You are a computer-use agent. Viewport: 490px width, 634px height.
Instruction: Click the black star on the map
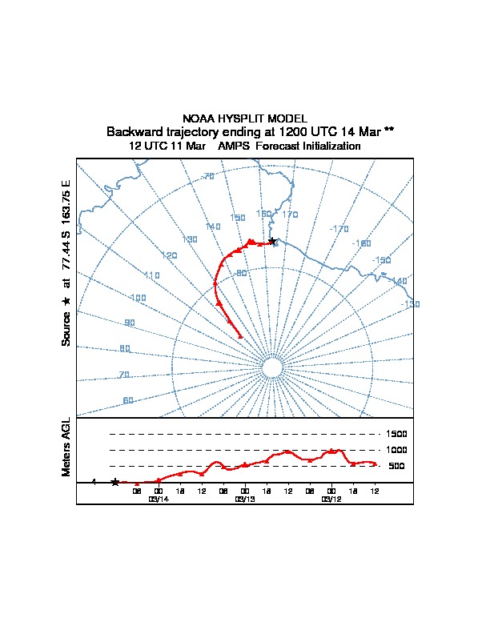[x=272, y=240]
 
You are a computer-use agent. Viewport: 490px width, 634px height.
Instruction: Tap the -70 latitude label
[x=208, y=176]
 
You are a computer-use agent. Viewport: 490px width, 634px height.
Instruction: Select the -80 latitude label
[x=240, y=273]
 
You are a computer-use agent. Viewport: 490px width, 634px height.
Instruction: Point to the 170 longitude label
[x=290, y=215]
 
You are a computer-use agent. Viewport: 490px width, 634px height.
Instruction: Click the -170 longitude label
[x=339, y=229]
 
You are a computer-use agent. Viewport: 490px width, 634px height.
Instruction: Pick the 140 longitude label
[x=213, y=227]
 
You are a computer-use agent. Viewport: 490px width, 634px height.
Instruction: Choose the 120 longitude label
[x=169, y=255]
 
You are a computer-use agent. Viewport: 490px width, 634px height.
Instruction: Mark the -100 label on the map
[x=137, y=298]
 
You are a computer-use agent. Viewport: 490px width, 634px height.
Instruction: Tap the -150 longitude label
[x=382, y=260]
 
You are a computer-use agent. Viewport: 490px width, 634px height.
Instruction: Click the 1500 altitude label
[x=398, y=434]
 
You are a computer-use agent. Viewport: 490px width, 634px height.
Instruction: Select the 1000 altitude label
[x=398, y=450]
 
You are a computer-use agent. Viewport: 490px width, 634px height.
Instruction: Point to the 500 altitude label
[x=396, y=466]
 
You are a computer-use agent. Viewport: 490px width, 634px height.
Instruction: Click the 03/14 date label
[x=159, y=499]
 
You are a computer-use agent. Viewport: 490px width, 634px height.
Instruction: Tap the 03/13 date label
[x=244, y=499]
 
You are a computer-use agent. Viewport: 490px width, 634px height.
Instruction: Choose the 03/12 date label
[x=331, y=499]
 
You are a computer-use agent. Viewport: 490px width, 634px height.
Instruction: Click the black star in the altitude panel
[x=115, y=482]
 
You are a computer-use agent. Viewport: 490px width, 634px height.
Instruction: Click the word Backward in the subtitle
[x=134, y=131]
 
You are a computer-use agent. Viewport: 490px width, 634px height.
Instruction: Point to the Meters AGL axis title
[x=66, y=447]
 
